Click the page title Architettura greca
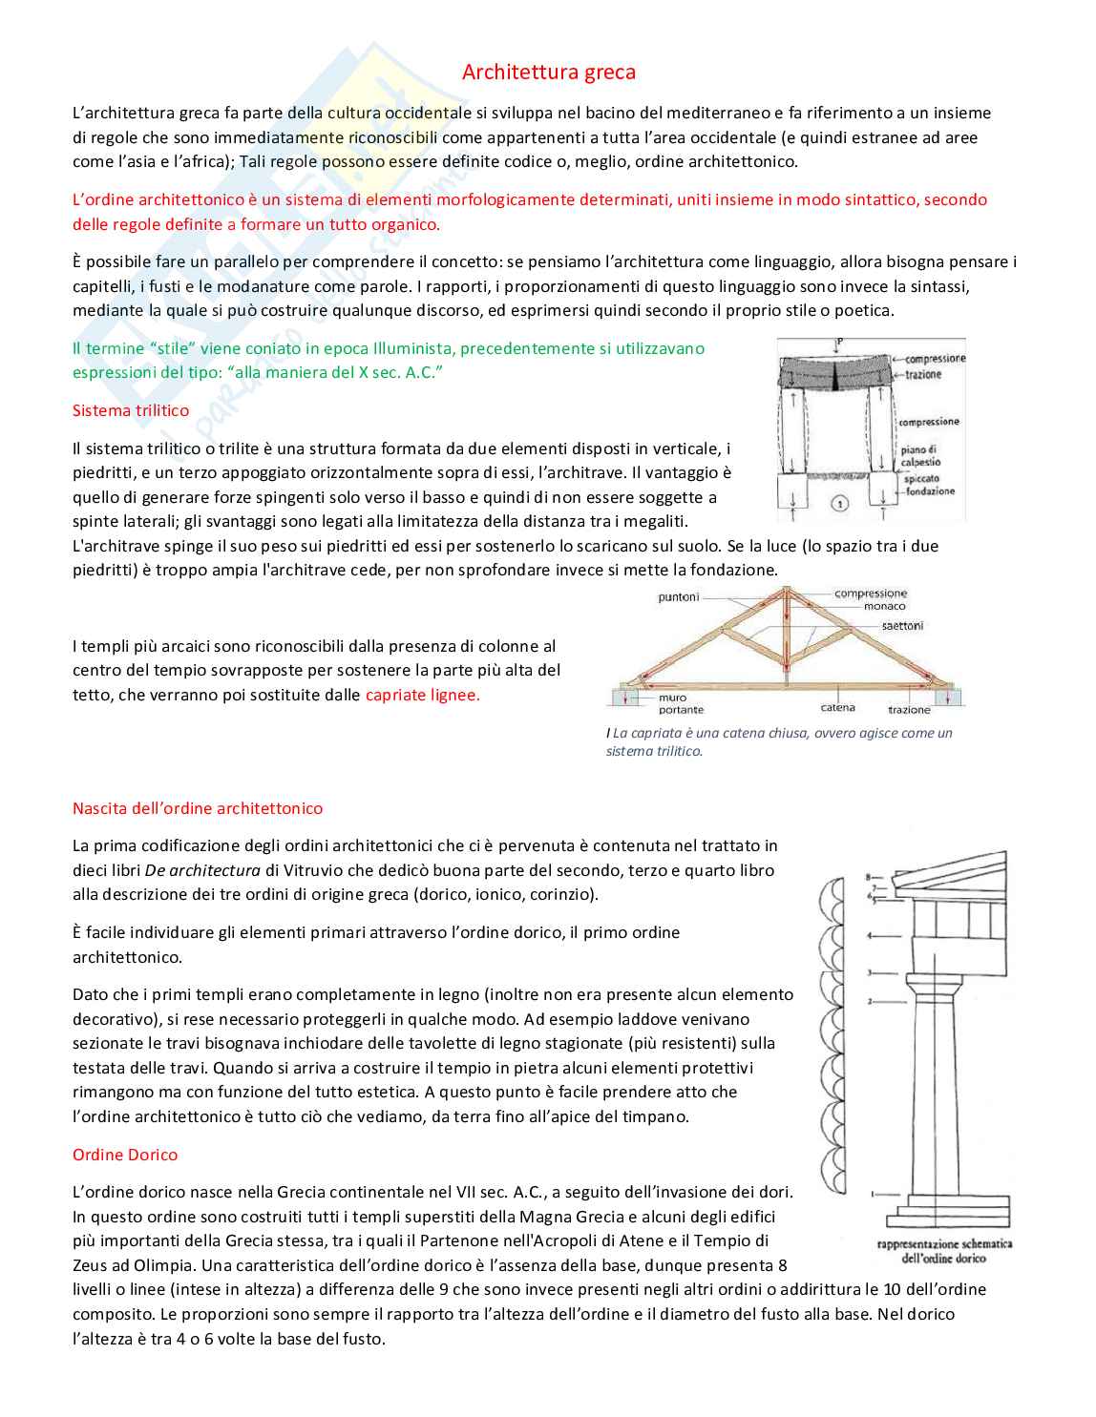[x=548, y=73]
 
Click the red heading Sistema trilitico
[x=131, y=410]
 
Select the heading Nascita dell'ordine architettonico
[x=198, y=808]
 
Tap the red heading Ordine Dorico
[x=125, y=1155]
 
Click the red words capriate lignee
[x=422, y=695]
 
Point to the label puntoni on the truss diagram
[x=679, y=597]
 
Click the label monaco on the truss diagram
[x=884, y=606]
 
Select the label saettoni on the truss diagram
[x=902, y=626]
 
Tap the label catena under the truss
[x=837, y=708]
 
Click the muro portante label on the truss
[x=681, y=704]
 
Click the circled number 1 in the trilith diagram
[x=840, y=503]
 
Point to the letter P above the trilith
[x=839, y=342]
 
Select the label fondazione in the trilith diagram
[x=930, y=491]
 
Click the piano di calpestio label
[x=919, y=456]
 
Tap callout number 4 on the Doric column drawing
[x=870, y=936]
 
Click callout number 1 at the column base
[x=873, y=1194]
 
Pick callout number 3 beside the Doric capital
[x=870, y=972]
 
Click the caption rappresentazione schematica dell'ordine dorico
[x=943, y=1251]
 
